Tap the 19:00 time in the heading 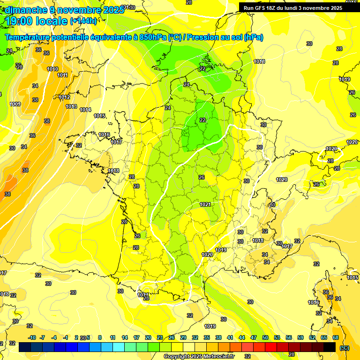click(21, 21)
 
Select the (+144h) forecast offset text click(83, 21)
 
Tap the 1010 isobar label click(53, 69)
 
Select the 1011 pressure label click(63, 75)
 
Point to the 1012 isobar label click(65, 97)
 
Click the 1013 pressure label click(71, 106)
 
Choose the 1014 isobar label click(85, 110)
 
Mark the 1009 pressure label click(15, 104)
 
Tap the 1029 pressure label click(331, 149)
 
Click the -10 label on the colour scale click(32, 337)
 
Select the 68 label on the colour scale click(336, 337)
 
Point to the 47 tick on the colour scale click(254, 337)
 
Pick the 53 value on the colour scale click(277, 337)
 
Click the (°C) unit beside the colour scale click(344, 347)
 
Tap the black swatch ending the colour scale click(330, 347)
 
